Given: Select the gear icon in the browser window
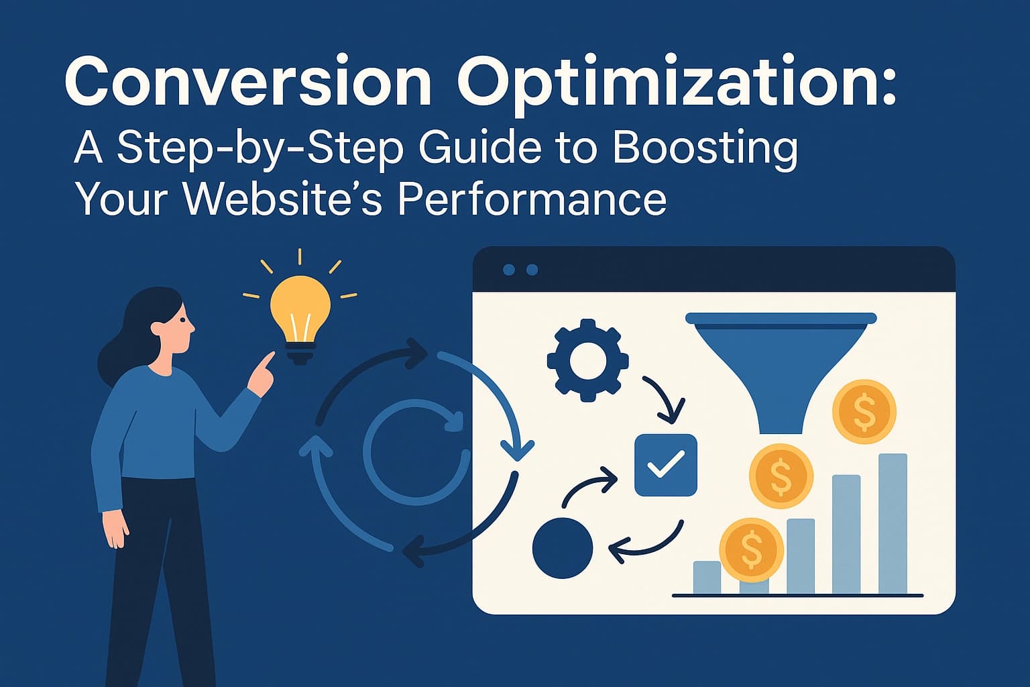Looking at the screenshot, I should [587, 361].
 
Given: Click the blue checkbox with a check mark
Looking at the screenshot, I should [665, 465].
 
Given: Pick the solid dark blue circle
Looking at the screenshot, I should [562, 547].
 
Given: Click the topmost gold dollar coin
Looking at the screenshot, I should [864, 411].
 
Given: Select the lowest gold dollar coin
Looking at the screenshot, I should [751, 548].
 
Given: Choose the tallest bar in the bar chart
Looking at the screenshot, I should [893, 523].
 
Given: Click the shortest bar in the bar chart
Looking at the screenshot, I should [706, 578].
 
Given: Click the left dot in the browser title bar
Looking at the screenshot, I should [509, 270].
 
